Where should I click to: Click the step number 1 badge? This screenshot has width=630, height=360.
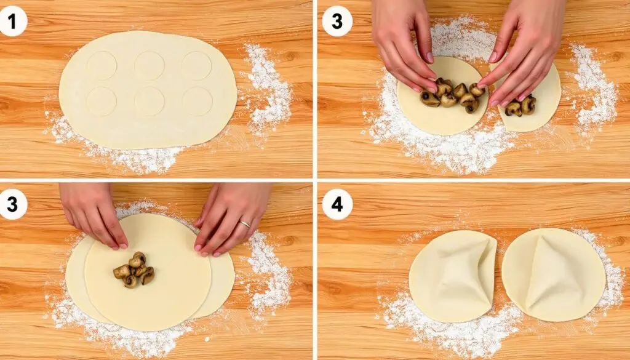[13, 22]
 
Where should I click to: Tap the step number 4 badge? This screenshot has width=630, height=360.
[337, 204]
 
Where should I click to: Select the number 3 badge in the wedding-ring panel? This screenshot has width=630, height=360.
[13, 204]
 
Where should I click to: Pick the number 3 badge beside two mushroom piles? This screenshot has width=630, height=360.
[337, 22]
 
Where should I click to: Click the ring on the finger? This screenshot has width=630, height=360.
[244, 224]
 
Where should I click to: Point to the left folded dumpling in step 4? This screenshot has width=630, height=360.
[453, 276]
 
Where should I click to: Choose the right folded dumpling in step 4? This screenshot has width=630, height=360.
[553, 274]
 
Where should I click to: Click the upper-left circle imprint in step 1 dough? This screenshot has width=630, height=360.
[102, 65]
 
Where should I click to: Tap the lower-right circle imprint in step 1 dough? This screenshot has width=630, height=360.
[197, 102]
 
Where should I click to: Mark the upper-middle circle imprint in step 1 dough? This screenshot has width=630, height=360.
[149, 65]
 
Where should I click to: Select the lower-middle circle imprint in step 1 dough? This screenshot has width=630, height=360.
[149, 102]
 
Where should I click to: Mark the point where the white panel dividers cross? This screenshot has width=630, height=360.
[315, 180]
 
